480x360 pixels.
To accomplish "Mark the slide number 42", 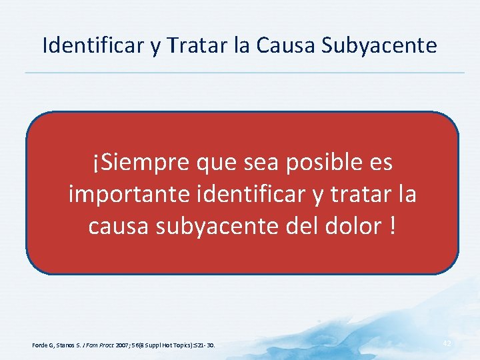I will tap(447, 342).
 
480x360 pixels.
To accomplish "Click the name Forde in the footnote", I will tap(41, 345).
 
